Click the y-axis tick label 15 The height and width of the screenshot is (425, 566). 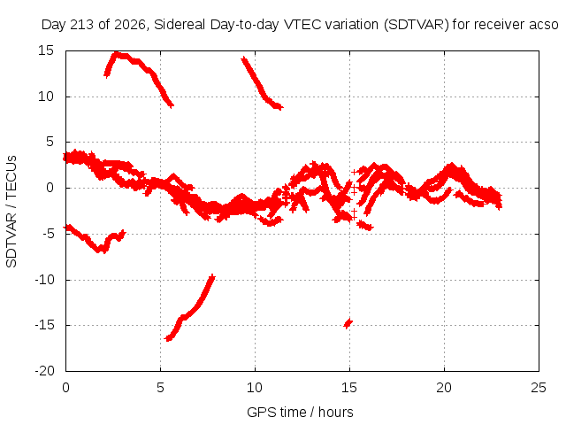coord(46,50)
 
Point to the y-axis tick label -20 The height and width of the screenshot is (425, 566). coord(44,371)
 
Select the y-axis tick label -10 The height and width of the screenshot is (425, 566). coord(44,280)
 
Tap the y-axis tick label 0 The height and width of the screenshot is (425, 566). coord(50,188)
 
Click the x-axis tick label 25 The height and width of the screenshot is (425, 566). coord(539,388)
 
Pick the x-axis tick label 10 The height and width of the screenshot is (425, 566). coord(255,388)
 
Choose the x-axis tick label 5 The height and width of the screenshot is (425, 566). coord(160,388)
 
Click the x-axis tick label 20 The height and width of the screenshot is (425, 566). coord(444,388)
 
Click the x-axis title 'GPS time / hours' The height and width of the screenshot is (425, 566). coord(300,412)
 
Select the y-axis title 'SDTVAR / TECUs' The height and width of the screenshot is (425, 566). coord(11,212)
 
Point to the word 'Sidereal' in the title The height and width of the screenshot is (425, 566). coord(180,25)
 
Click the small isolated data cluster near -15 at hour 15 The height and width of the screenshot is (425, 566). coord(348,322)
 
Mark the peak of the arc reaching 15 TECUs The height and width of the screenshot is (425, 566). coord(116,53)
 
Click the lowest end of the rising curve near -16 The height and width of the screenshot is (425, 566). coord(168,338)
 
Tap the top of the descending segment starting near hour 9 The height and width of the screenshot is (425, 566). coord(244,59)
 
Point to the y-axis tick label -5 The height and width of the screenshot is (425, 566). coord(47,234)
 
